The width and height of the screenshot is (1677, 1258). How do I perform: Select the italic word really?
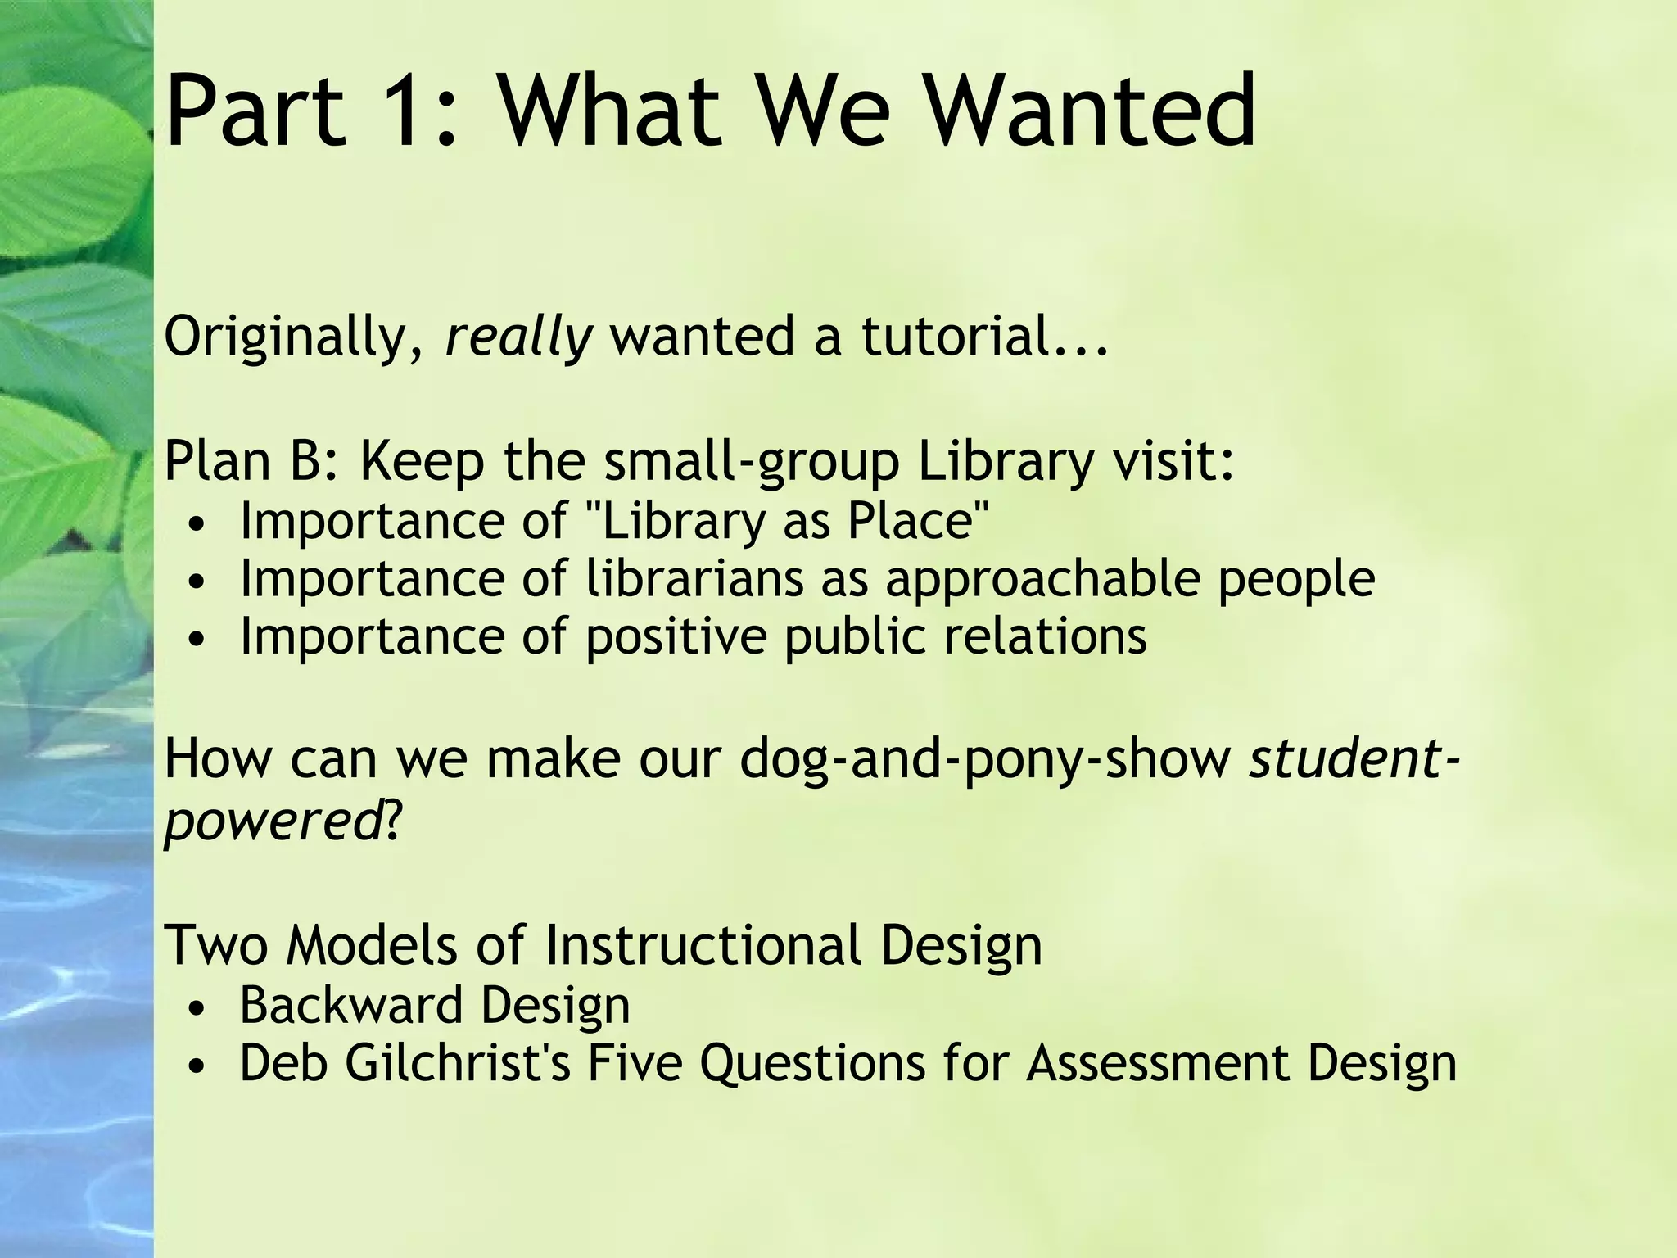click(518, 337)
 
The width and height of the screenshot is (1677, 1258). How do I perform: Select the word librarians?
click(695, 578)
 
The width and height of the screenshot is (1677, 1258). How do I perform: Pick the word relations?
click(1045, 636)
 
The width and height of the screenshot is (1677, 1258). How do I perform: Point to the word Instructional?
click(702, 945)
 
